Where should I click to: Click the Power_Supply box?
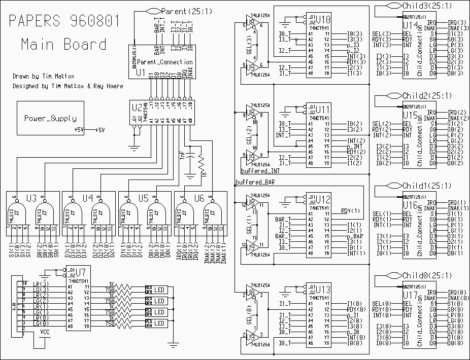pos(51,118)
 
